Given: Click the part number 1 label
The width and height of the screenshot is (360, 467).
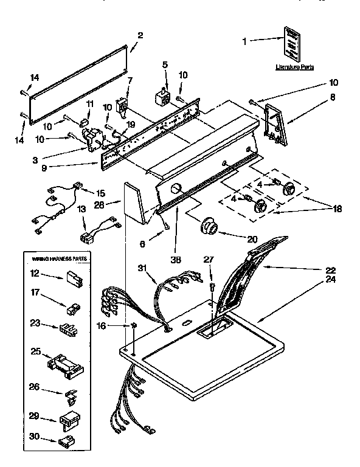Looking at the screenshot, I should point(245,41).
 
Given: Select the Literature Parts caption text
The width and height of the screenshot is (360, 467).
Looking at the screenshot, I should point(294,67).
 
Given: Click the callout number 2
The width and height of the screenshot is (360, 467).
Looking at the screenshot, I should point(140,35).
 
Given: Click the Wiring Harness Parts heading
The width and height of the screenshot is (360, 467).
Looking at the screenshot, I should point(59,258).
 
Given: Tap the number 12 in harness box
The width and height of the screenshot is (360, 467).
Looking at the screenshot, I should point(35,274).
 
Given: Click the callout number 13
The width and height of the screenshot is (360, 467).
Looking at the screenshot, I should point(81,210).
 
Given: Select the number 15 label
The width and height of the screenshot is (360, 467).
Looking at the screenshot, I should point(100,193).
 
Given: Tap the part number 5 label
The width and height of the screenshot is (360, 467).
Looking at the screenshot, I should point(165,65).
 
